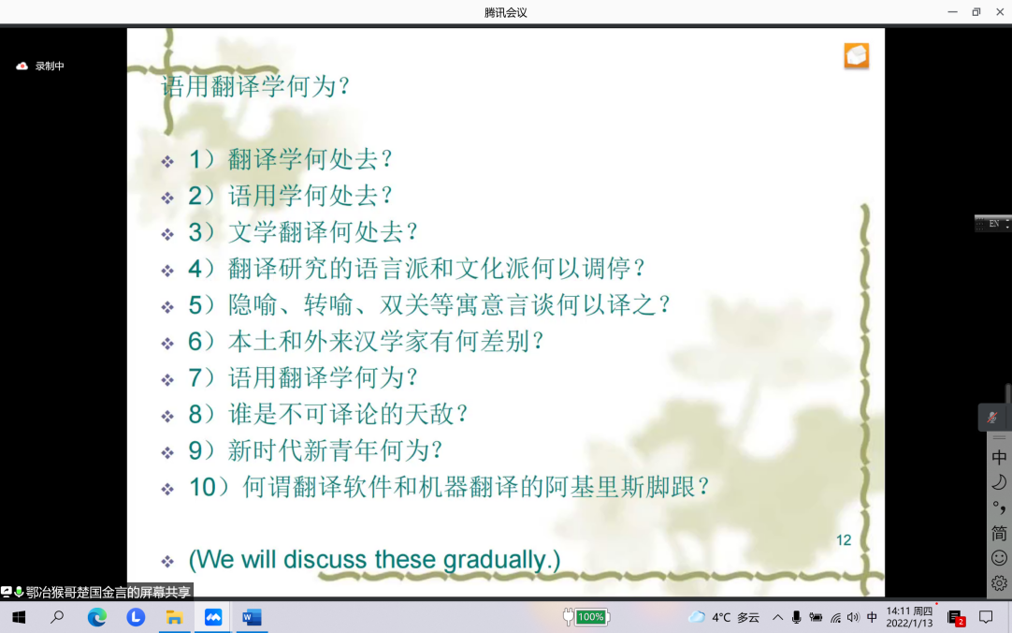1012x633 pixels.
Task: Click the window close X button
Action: tap(1000, 11)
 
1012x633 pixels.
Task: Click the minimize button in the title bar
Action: tap(953, 11)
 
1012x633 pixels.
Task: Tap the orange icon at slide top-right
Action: tap(857, 55)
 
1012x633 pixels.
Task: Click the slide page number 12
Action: tap(844, 540)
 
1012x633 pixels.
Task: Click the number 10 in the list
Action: tap(202, 487)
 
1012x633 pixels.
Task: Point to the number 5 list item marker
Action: tap(195, 305)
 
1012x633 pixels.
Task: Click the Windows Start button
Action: tap(19, 617)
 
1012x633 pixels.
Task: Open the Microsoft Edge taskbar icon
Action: tap(97, 617)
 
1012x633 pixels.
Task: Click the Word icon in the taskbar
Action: tap(252, 617)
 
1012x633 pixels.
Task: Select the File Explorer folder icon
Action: tap(174, 617)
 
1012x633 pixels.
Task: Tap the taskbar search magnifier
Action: tap(57, 617)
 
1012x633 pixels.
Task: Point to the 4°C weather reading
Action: tap(721, 617)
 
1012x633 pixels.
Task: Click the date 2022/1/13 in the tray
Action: tap(909, 624)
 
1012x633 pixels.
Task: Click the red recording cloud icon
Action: tap(22, 66)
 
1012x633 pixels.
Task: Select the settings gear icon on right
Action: tap(999, 583)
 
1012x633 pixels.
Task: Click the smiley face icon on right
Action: tap(999, 558)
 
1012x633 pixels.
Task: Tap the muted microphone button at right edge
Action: tap(992, 418)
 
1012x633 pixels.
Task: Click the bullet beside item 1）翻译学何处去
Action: tap(167, 161)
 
